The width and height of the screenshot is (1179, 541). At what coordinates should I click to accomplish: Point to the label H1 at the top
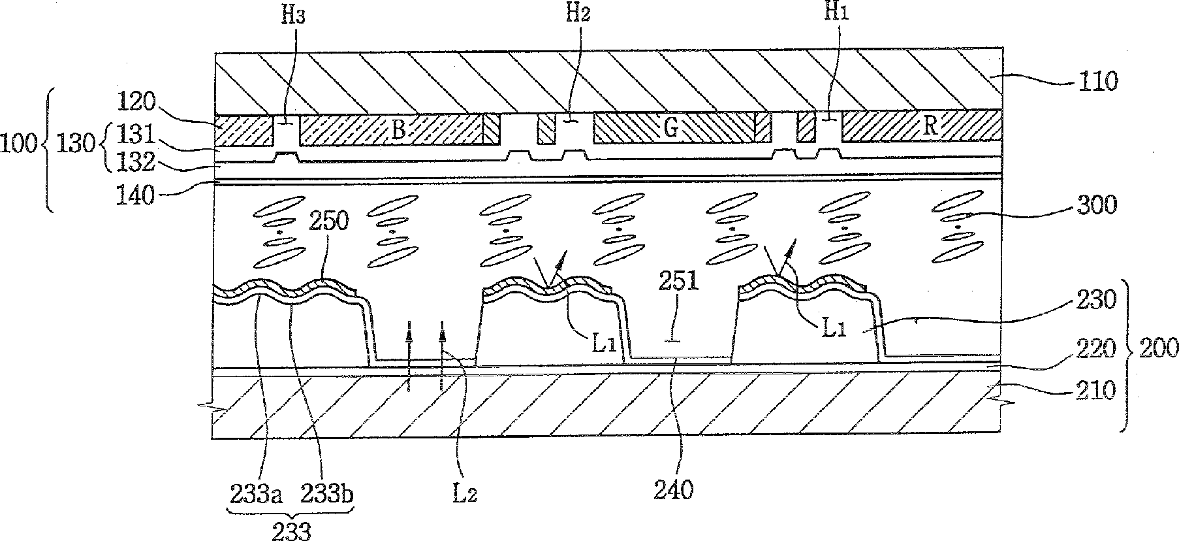click(x=834, y=14)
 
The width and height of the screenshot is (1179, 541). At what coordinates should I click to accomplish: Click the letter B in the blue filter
click(x=398, y=129)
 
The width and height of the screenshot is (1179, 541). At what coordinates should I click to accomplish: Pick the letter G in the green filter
click(x=670, y=128)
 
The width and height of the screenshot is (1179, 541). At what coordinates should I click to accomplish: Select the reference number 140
click(x=136, y=195)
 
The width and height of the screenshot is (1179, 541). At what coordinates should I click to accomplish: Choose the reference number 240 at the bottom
click(x=675, y=489)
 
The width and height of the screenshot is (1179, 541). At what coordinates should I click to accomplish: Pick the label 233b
click(x=326, y=496)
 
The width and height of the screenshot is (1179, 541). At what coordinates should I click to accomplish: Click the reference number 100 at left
click(x=19, y=144)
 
